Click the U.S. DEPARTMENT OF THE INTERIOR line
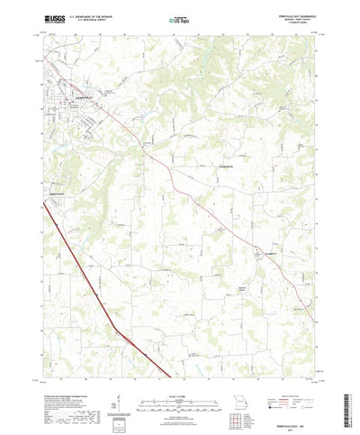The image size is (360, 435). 90,15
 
